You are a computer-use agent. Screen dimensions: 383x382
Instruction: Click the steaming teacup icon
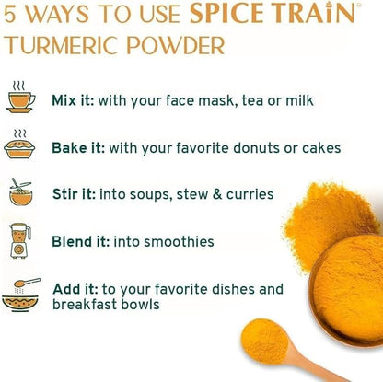(x=21, y=97)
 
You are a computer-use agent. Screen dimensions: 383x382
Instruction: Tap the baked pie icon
(x=19, y=145)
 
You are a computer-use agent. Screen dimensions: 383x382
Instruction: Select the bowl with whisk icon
(x=20, y=192)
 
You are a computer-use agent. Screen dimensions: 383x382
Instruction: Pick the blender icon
(x=20, y=241)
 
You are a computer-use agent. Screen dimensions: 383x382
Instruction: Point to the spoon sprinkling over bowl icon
(x=21, y=295)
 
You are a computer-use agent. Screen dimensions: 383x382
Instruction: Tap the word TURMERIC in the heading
(x=62, y=45)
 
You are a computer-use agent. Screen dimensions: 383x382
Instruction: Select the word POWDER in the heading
(x=176, y=45)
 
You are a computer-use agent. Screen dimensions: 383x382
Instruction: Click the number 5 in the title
(x=10, y=14)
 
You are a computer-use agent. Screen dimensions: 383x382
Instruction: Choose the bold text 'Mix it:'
(x=73, y=100)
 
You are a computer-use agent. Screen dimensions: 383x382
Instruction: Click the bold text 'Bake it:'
(x=78, y=148)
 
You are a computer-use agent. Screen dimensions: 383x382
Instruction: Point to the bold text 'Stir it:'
(x=75, y=194)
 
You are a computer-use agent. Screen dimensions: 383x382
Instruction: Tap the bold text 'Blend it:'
(x=81, y=241)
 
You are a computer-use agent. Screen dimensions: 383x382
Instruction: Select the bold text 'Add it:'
(x=75, y=289)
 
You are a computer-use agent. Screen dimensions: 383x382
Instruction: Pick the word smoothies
(x=179, y=241)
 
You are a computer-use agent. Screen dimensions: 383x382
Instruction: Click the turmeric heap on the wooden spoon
(x=264, y=337)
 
